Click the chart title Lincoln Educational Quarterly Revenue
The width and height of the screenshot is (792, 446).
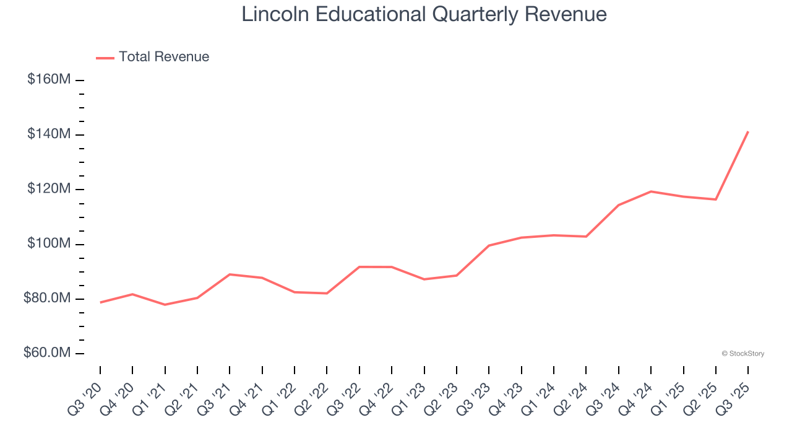click(x=424, y=14)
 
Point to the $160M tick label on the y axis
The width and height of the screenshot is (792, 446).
click(x=49, y=80)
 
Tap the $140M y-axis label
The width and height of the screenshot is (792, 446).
click(x=49, y=134)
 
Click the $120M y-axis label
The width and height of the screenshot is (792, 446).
click(x=49, y=189)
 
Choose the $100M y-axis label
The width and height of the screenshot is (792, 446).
click(x=49, y=243)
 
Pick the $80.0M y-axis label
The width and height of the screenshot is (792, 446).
click(x=47, y=298)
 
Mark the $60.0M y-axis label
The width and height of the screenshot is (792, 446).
click(x=47, y=352)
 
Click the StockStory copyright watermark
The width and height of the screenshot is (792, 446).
click(x=742, y=354)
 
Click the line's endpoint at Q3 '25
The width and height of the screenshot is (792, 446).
click(x=748, y=131)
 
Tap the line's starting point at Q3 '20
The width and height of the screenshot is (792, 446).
click(x=100, y=302)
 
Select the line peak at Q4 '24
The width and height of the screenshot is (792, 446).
click(x=651, y=191)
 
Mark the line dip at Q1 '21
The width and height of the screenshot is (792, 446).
click(x=165, y=305)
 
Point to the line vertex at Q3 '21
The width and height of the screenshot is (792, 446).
click(x=230, y=274)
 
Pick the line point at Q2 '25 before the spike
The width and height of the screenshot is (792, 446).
click(x=716, y=199)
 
